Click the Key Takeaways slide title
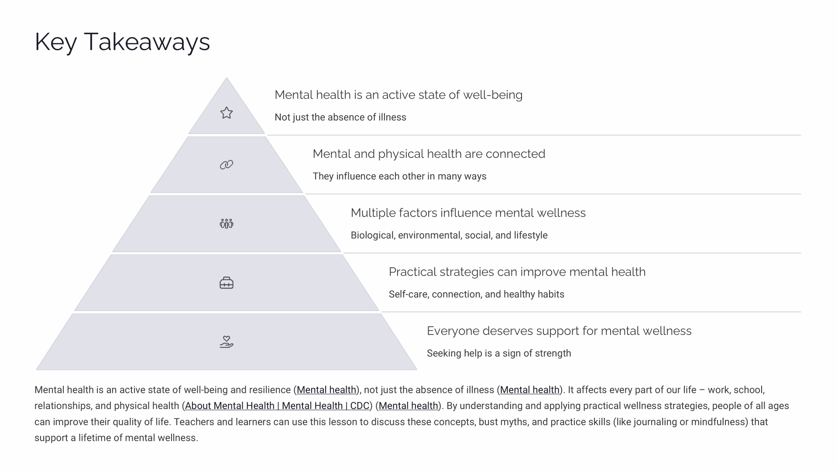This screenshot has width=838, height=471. [122, 42]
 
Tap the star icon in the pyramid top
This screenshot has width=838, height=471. [227, 113]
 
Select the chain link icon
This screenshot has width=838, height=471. [227, 165]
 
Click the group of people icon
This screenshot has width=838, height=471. [227, 224]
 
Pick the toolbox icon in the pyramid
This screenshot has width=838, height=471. [227, 283]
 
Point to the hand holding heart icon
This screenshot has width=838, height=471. [227, 342]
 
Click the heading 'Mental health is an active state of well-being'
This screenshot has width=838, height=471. [398, 95]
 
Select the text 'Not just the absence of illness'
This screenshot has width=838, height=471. [340, 117]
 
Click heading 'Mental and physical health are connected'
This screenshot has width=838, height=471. [429, 154]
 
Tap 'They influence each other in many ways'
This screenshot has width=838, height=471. [399, 176]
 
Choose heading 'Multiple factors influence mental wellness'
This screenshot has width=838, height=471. [468, 213]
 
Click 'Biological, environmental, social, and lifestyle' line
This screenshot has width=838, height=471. [449, 235]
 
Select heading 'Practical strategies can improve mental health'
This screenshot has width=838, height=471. [517, 272]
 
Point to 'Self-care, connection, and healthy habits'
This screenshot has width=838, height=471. [476, 294]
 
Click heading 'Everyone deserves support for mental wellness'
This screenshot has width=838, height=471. [559, 331]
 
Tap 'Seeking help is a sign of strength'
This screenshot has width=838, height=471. [498, 353]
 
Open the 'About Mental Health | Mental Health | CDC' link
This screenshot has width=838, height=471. [277, 406]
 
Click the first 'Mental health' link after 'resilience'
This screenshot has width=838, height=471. [326, 390]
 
